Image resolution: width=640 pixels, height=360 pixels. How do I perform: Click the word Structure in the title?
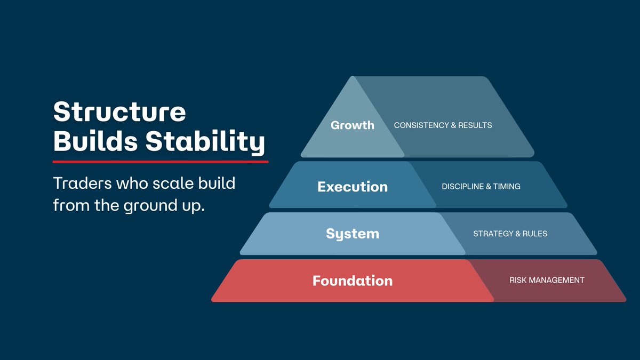119,112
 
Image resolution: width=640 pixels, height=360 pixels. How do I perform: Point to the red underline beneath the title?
160,161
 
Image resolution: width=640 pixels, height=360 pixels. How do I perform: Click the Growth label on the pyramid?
353,125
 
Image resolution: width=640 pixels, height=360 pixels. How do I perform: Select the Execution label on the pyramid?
353,187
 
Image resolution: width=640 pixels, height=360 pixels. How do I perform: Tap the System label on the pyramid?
353,234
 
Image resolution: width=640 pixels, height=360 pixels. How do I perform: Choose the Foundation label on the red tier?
353,281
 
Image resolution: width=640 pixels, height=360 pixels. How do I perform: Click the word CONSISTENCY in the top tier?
421,125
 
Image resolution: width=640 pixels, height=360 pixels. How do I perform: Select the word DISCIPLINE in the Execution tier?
463,187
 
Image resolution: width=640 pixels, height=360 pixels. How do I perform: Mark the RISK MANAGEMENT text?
547,280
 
